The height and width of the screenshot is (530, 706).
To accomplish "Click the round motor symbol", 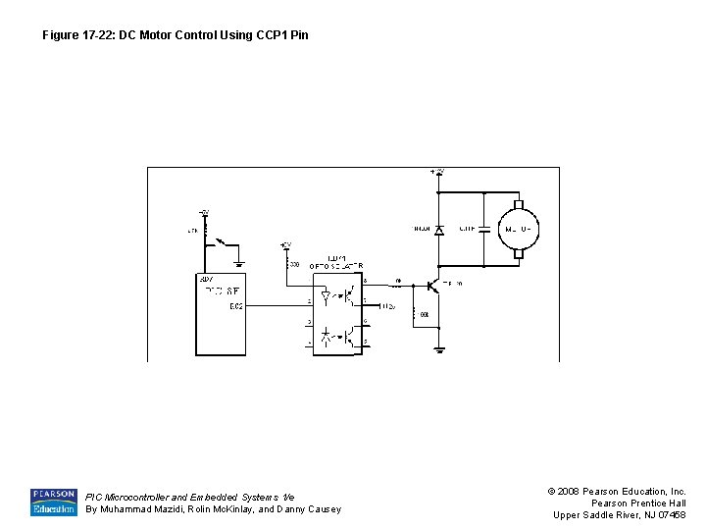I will click(519, 230).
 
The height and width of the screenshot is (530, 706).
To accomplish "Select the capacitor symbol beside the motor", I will click(483, 228).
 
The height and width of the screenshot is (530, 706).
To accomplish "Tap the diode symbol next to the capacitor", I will click(438, 229).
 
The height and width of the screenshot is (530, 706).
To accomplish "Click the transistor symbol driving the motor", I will click(433, 285).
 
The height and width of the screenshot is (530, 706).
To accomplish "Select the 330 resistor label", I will click(294, 264).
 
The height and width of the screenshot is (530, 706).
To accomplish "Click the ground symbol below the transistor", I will click(439, 347).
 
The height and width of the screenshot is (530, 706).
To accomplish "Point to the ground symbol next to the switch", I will click(240, 262).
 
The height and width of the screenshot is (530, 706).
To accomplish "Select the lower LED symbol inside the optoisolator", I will click(327, 335).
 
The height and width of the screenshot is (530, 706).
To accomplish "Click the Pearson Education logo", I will click(53, 502).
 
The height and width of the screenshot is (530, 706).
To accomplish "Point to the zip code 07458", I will click(672, 515).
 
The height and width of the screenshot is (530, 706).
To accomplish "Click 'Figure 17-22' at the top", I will click(76, 35).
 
